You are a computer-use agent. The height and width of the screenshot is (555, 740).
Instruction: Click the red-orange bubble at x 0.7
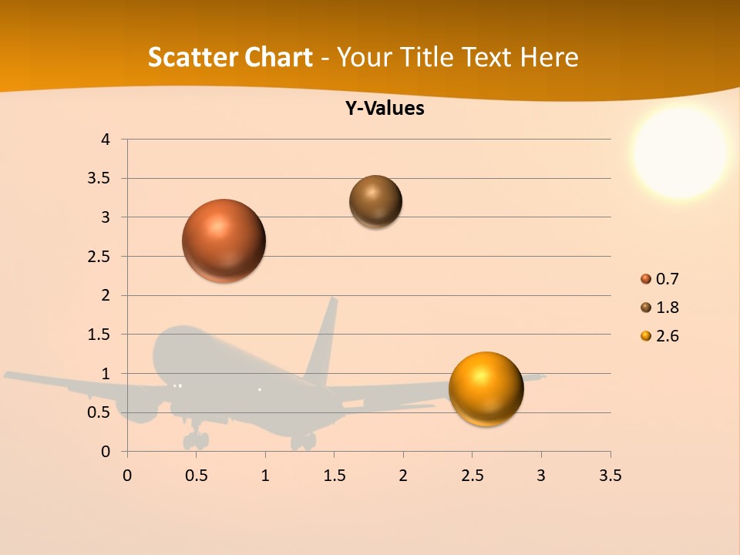click(224, 240)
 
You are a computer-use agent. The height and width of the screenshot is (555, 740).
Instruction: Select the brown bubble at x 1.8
click(375, 201)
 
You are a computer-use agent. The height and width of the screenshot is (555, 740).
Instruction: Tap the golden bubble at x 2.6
click(486, 388)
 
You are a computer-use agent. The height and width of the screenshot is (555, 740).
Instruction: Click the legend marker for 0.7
click(646, 279)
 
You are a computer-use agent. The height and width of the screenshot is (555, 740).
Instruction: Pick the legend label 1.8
click(667, 308)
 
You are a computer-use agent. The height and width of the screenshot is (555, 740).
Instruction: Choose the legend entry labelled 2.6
click(667, 336)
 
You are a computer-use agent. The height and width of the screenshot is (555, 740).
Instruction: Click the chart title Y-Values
click(385, 109)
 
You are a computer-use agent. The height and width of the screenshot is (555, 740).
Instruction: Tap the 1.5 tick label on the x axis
click(334, 476)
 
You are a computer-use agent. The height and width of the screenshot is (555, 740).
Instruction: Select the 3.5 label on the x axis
click(610, 476)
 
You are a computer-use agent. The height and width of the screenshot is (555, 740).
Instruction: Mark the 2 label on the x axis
click(402, 476)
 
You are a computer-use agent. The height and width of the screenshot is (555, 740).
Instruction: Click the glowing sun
click(680, 152)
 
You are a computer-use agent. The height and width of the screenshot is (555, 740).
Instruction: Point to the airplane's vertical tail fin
click(324, 339)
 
